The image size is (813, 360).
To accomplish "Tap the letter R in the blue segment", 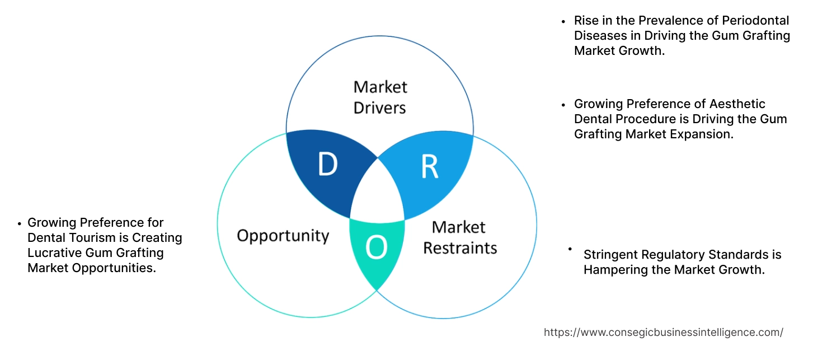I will click(430, 166).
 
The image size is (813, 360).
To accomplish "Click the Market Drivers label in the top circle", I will click(380, 97).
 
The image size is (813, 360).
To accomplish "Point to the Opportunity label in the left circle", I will click(283, 235).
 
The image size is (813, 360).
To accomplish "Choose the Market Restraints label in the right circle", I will click(459, 237).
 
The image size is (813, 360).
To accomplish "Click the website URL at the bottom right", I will click(663, 332).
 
